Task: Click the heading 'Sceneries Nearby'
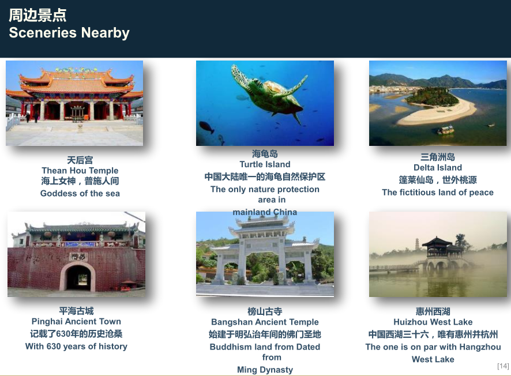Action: (x=69, y=33)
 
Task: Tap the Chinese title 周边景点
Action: (x=37, y=16)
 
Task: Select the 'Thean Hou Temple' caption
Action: (x=80, y=170)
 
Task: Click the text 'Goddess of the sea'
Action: (x=80, y=193)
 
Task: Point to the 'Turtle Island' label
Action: (x=265, y=164)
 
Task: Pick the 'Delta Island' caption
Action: (x=438, y=167)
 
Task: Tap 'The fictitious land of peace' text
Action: (x=438, y=192)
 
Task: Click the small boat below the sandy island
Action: (x=445, y=130)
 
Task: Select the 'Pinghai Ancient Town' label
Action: (x=76, y=321)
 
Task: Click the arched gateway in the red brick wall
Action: (x=77, y=277)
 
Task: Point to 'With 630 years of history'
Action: (x=76, y=346)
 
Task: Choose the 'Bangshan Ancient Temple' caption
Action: (x=265, y=322)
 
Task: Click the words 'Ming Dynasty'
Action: (x=265, y=370)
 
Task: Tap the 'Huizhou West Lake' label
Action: (x=433, y=322)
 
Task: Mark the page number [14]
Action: (x=503, y=366)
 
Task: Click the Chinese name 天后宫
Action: (x=80, y=160)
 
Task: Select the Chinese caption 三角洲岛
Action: (x=438, y=157)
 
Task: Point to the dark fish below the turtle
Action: (x=206, y=127)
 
